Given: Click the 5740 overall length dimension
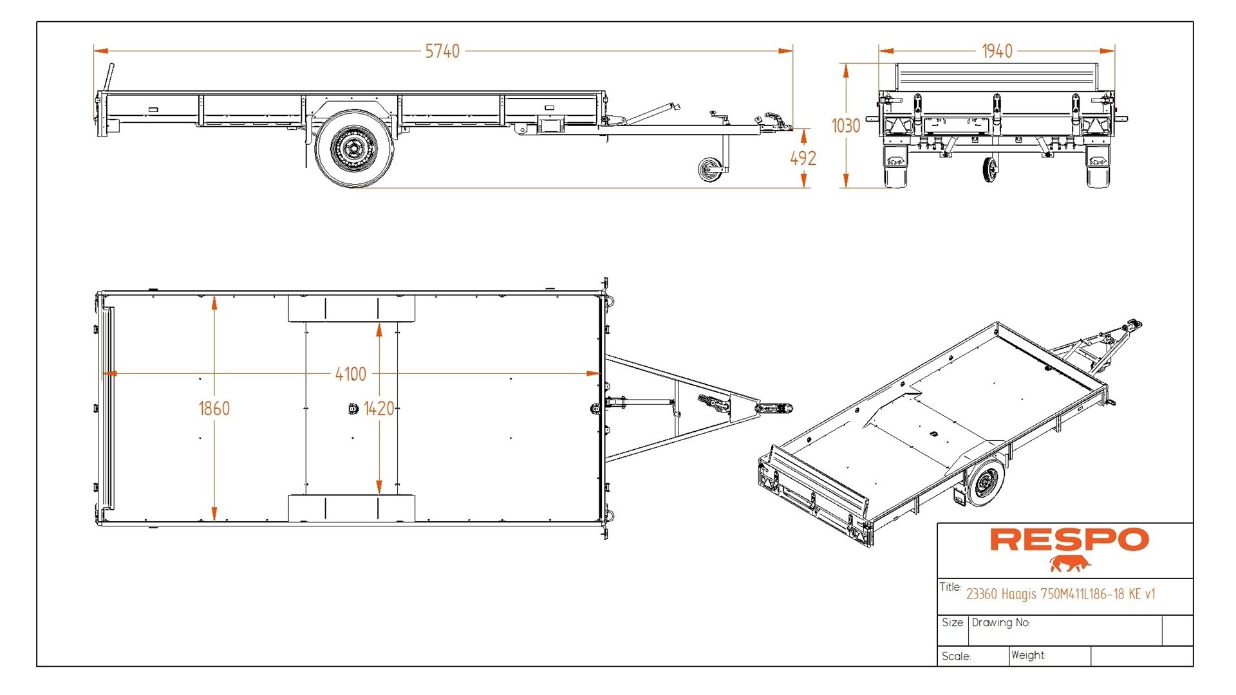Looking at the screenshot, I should tap(442, 51).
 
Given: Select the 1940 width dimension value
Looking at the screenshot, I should tap(997, 51).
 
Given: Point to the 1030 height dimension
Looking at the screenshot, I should tap(845, 125).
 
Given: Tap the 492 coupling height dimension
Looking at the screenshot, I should tap(803, 158).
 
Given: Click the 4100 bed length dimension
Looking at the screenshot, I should tap(350, 374).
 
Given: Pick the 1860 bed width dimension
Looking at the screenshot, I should tap(214, 409).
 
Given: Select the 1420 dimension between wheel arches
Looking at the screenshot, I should tap(379, 409).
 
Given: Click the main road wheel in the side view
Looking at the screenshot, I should tap(354, 149).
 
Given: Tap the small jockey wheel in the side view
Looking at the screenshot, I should tap(711, 169).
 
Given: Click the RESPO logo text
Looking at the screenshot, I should tap(1069, 539).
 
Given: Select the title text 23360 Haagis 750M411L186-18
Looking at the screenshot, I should tap(1060, 594).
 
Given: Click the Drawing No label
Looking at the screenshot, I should tap(1000, 623).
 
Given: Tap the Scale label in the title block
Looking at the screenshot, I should tap(955, 656).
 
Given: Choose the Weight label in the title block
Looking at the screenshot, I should tap(1027, 655).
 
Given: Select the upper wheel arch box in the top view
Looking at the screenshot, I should tap(351, 309).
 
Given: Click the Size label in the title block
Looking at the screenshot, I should tap(952, 622).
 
